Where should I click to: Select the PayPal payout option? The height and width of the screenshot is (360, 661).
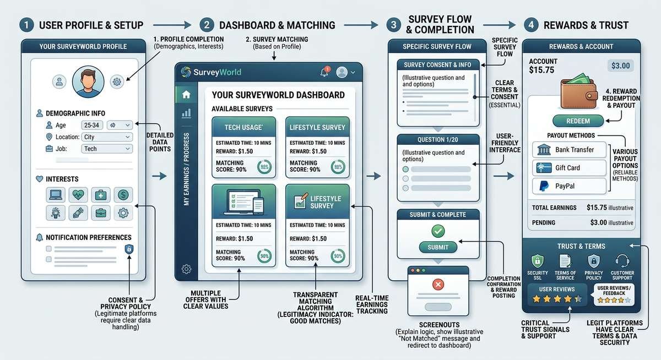(570, 186)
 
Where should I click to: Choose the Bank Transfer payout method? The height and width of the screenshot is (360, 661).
(570, 150)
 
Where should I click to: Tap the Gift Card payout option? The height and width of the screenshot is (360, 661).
(570, 168)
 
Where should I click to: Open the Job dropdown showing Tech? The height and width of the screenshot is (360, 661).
(107, 149)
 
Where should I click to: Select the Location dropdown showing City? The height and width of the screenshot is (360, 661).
(107, 137)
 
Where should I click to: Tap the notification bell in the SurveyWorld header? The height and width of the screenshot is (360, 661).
(324, 72)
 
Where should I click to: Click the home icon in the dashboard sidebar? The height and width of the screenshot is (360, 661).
(186, 95)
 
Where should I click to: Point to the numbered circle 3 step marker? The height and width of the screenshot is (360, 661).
(393, 25)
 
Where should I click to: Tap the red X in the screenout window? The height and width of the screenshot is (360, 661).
(438, 285)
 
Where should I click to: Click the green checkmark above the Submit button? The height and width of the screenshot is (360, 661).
(438, 231)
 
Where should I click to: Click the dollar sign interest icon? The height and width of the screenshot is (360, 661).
(123, 194)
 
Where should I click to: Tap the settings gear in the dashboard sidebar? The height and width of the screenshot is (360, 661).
(186, 269)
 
